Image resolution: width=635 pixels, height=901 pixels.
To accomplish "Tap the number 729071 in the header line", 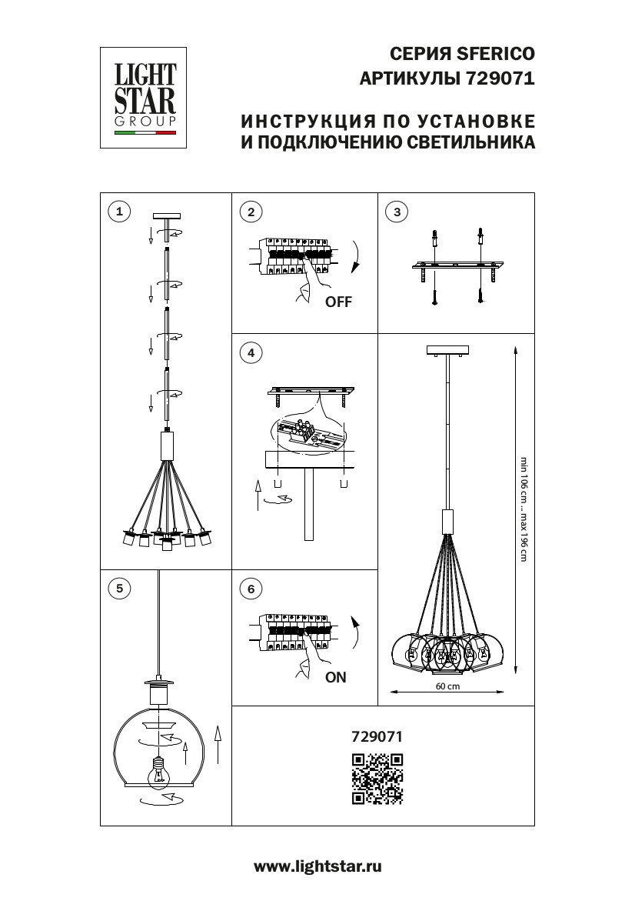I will tap(500, 78).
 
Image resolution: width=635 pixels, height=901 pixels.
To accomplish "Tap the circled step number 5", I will tap(118, 589).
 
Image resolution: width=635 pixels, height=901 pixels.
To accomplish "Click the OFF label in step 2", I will tap(338, 302).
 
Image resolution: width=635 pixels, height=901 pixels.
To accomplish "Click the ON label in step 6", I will tap(336, 678).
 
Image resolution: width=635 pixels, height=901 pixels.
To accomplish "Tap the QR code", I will tap(377, 778).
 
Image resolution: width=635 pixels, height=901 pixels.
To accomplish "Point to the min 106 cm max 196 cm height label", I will tap(524, 509).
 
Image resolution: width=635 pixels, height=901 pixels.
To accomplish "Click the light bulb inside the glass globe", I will tap(159, 769).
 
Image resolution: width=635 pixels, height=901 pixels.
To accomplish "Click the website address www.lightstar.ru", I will tap(317, 866).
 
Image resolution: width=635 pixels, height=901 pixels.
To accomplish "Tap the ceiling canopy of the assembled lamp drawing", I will tap(447, 351).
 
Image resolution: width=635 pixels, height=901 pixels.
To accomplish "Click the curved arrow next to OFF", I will tap(355, 258).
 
